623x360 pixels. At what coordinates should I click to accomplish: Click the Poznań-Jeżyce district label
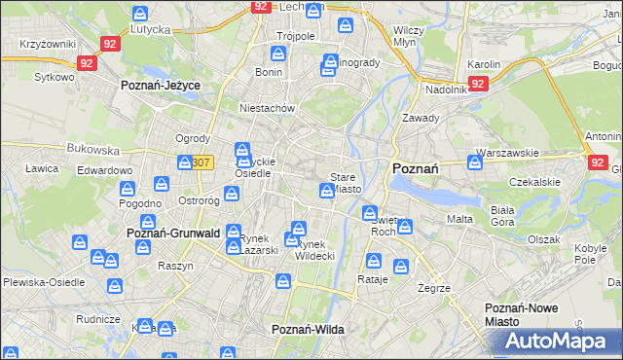pos(160,86)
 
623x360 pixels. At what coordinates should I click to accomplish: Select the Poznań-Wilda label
pos(308,330)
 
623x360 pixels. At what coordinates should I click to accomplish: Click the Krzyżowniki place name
pos(47,45)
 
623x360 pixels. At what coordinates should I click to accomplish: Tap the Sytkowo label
pos(54,76)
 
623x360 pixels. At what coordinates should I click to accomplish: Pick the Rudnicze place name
pos(97,318)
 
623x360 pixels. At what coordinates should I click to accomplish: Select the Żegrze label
pos(433,288)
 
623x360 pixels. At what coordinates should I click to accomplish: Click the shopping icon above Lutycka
pos(140,14)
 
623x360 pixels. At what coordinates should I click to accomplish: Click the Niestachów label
pos(267,108)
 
